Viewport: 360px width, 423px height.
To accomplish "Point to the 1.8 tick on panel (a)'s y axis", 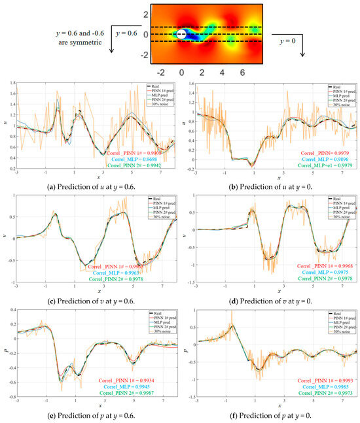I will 14,84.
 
